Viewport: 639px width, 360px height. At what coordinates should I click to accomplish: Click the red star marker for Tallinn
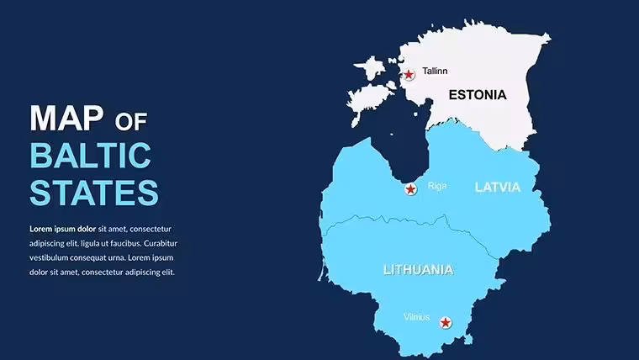pyautogui.click(x=409, y=75)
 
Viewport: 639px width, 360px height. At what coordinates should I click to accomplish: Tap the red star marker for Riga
pyautogui.click(x=411, y=189)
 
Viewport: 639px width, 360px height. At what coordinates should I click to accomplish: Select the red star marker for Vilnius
pyautogui.click(x=446, y=323)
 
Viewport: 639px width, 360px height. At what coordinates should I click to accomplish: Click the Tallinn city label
pyautogui.click(x=435, y=71)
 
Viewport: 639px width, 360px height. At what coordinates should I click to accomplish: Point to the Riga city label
pyautogui.click(x=437, y=186)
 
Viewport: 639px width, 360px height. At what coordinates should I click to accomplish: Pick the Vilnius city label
pyautogui.click(x=417, y=317)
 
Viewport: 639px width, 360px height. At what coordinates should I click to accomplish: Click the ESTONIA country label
pyautogui.click(x=478, y=95)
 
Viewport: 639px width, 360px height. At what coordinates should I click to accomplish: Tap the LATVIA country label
pyautogui.click(x=498, y=187)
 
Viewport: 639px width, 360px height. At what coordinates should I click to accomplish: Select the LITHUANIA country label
pyautogui.click(x=419, y=270)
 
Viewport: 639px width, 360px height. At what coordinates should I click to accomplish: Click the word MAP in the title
pyautogui.click(x=66, y=119)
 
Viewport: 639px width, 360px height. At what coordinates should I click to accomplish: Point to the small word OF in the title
pyautogui.click(x=131, y=122)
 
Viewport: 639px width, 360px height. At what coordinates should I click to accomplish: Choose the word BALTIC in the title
pyautogui.click(x=91, y=156)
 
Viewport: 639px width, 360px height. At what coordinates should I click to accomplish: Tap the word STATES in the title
pyautogui.click(x=94, y=192)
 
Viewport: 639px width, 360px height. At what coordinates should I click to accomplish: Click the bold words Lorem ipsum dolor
pyautogui.click(x=63, y=229)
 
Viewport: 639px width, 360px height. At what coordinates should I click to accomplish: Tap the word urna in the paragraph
pyautogui.click(x=116, y=258)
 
